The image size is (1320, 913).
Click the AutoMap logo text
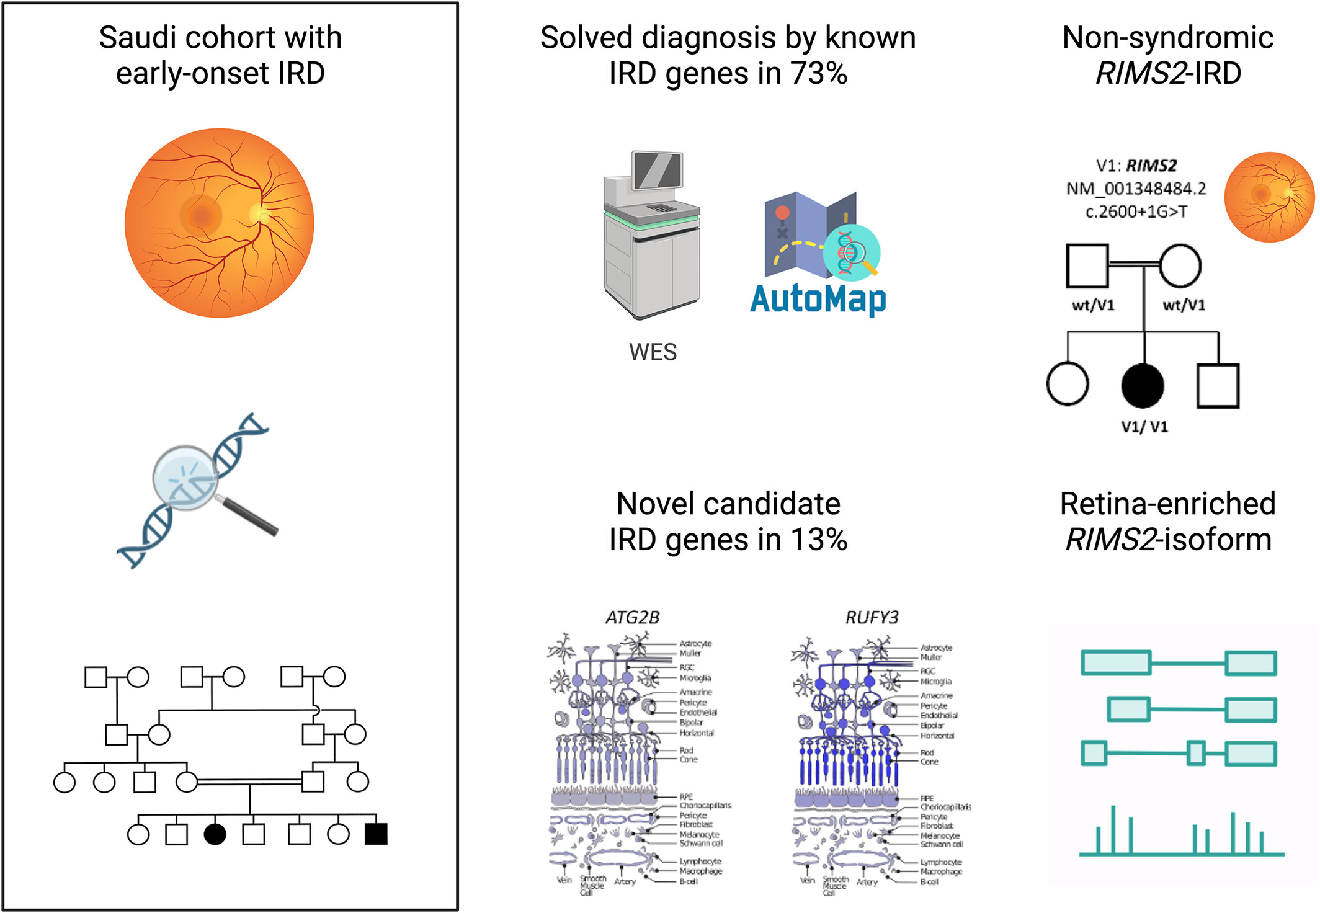tap(818, 300)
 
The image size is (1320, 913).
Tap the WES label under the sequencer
tap(653, 352)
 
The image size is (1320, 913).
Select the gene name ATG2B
tap(632, 618)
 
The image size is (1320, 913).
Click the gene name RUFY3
tap(872, 618)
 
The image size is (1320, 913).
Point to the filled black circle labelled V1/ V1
tap(1143, 385)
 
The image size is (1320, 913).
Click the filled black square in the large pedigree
tap(376, 834)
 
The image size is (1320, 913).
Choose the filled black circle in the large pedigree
tap(215, 834)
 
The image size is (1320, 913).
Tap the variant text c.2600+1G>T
tap(1136, 212)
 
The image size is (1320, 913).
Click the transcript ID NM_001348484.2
tap(1136, 189)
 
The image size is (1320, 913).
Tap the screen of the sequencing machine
tap(657, 169)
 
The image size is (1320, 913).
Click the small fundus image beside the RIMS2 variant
tap(1269, 197)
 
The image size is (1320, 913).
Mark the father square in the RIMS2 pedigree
tap(1087, 266)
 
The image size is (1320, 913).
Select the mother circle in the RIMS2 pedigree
tap(1180, 266)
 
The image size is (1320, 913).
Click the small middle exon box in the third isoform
tap(1196, 753)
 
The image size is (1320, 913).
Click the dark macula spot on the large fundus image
tap(202, 216)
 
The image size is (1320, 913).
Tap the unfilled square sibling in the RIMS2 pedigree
tap(1218, 386)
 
